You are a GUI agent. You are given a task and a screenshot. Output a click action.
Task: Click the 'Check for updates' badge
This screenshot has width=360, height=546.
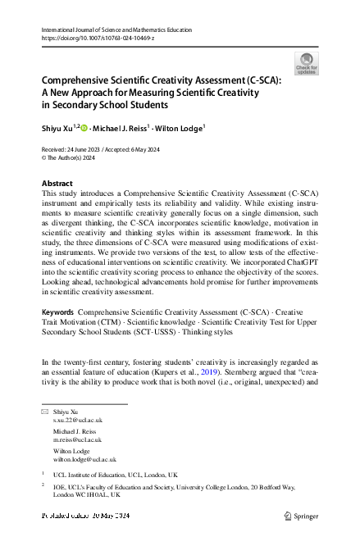click(x=305, y=63)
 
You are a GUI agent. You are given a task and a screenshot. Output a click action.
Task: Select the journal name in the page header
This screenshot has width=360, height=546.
click(x=116, y=30)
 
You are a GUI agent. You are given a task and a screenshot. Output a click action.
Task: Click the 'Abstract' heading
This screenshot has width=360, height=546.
click(x=57, y=182)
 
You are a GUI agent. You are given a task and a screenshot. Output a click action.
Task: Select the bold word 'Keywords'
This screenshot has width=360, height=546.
click(x=57, y=314)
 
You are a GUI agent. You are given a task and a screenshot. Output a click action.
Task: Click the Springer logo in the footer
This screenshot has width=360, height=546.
click(x=299, y=516)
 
